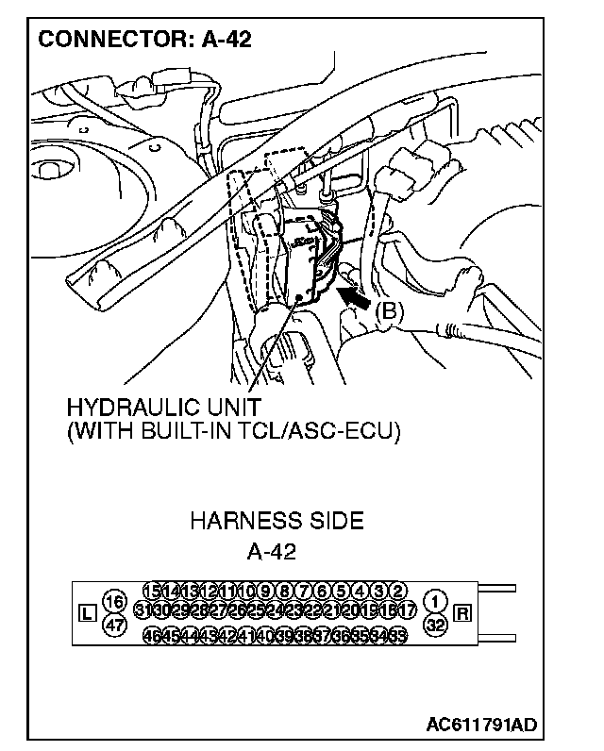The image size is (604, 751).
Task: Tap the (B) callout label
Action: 389,311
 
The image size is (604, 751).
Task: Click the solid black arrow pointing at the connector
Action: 356,299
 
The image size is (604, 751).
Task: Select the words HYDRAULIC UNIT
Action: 163,409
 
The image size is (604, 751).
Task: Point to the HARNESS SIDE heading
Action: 277,521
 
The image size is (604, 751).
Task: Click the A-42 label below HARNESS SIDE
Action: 271,551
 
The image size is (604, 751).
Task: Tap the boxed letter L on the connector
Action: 87,613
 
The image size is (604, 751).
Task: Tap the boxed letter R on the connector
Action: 462,613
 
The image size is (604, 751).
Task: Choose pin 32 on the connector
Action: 435,625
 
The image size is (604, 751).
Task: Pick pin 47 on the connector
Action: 114,625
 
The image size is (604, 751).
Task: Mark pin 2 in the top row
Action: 397,591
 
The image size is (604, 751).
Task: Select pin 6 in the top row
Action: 322,591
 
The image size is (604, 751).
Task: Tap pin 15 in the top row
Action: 151,591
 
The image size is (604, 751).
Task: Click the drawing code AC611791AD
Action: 481,726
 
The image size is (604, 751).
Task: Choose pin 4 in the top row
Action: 360,591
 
